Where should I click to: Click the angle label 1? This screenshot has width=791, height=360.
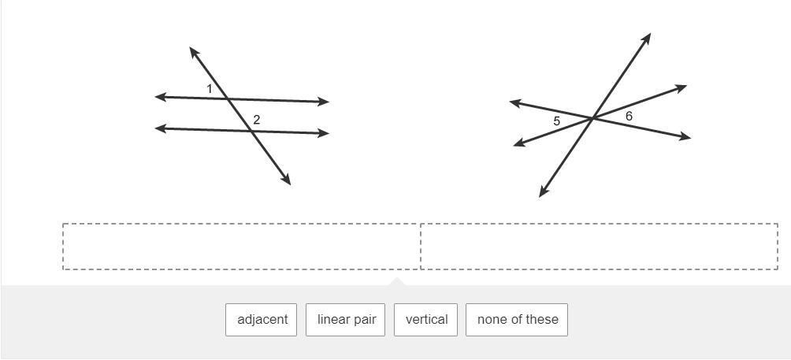(210, 89)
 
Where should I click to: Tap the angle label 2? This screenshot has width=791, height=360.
(257, 121)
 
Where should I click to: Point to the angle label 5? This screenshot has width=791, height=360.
(556, 121)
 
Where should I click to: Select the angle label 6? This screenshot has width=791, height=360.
(629, 117)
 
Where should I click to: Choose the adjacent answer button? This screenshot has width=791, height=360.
(262, 320)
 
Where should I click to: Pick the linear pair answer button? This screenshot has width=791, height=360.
(346, 320)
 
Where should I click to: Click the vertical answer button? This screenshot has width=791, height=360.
(426, 320)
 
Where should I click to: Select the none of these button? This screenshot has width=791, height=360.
(517, 320)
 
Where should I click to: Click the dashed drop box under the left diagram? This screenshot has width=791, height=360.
(241, 247)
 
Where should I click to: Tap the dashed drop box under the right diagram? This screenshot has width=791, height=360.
(599, 247)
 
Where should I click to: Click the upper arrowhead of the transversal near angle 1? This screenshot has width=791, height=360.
(192, 50)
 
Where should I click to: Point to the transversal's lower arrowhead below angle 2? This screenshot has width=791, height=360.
(288, 181)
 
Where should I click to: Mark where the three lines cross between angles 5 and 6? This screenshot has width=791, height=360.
(592, 118)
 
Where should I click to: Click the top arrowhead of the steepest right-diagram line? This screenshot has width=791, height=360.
(648, 36)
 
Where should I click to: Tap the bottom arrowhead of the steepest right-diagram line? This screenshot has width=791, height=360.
(542, 193)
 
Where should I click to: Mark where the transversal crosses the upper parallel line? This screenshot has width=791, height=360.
(228, 99)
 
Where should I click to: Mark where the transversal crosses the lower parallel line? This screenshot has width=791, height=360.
(251, 131)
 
